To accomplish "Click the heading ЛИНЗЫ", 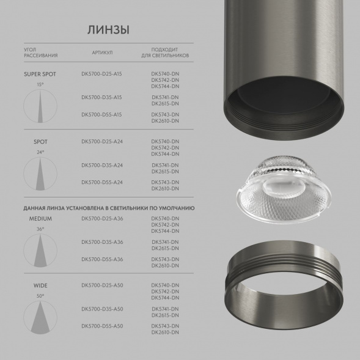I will coord(109,30).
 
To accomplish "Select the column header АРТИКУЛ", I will coord(102,53).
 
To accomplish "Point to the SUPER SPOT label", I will coord(40,74).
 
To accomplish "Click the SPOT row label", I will coord(40,142).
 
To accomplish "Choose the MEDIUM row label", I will coord(40,218).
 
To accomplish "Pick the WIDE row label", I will coord(40,285).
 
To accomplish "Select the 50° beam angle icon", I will coord(40,316).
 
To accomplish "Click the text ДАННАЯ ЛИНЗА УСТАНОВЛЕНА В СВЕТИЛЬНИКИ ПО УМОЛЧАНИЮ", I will coord(109,208).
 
